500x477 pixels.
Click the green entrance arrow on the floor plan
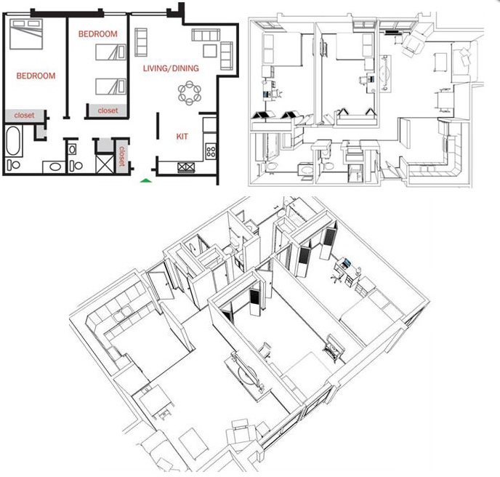coord(146,180)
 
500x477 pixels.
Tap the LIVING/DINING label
coord(171,68)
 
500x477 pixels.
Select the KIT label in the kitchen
coord(182,137)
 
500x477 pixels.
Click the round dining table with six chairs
coord(190,93)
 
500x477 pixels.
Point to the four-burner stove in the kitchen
coord(211,151)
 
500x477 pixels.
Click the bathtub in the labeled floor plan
coord(14,141)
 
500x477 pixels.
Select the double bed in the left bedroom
coord(26,34)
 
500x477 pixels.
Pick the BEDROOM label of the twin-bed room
coord(97,34)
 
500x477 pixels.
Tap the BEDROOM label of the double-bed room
coord(36,76)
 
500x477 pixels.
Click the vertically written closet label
coord(122,156)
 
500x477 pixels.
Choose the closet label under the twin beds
coord(108,111)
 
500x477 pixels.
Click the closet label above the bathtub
coord(24,115)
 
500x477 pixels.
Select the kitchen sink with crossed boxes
coord(186,167)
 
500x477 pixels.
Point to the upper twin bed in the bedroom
coord(110,52)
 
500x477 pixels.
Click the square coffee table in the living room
coord(210,51)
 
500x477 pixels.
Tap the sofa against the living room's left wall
coord(141,42)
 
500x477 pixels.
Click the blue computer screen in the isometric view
coord(346,263)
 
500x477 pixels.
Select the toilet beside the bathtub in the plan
coord(13,164)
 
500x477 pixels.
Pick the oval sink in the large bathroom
coord(55,167)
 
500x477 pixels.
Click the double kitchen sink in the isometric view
coord(122,313)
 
